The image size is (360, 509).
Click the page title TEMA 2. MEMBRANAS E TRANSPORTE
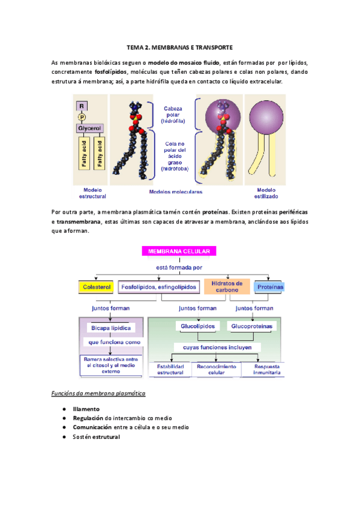click(x=180, y=46)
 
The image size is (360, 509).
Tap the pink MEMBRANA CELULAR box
click(x=179, y=251)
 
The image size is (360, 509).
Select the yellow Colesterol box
click(x=96, y=288)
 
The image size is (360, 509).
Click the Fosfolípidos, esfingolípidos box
click(x=158, y=288)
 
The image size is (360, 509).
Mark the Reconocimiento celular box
click(x=217, y=369)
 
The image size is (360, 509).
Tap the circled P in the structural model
click(x=83, y=116)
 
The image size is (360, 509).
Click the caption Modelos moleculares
click(x=176, y=192)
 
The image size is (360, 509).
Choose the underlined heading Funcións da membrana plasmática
click(x=98, y=394)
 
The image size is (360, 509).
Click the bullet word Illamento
click(x=86, y=408)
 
